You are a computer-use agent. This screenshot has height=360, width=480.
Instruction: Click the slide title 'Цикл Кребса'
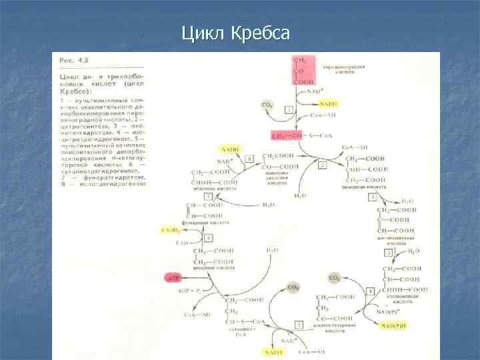[x=235, y=33]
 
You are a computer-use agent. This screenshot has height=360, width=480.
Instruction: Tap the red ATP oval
[x=173, y=276]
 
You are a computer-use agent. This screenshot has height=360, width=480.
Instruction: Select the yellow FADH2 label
[x=171, y=230]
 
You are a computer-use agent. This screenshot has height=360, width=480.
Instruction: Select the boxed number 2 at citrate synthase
[x=322, y=165]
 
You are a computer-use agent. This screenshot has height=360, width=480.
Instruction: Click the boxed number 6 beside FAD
[x=209, y=238]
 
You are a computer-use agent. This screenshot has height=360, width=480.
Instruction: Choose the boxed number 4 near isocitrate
[x=370, y=291]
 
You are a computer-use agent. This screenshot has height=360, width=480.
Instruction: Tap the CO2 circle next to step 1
[x=266, y=105]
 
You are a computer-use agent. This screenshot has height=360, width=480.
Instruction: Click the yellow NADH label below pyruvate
[x=327, y=104]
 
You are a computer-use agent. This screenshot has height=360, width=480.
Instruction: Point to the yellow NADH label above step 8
[x=231, y=149]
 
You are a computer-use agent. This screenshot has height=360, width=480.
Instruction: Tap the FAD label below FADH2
[x=181, y=244]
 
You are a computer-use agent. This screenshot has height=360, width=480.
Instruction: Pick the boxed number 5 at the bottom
[x=299, y=324]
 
